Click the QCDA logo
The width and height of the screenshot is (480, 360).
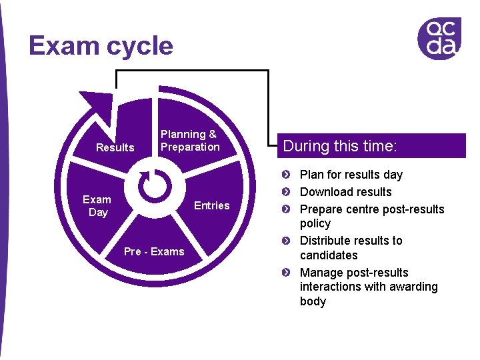click(439, 39)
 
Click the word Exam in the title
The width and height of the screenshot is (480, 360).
click(64, 46)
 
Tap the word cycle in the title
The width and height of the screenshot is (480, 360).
click(139, 46)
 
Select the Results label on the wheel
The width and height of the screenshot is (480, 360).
click(115, 147)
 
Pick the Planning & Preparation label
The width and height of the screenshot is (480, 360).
click(189, 141)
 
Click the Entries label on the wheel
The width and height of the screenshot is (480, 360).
click(211, 205)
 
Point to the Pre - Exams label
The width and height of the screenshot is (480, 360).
click(154, 251)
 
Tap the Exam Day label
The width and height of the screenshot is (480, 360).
click(97, 206)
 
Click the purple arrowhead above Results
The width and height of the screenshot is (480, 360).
click(97, 106)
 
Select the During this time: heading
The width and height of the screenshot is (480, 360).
click(340, 146)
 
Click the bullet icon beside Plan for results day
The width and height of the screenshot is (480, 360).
click(285, 175)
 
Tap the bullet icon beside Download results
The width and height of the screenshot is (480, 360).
click(285, 192)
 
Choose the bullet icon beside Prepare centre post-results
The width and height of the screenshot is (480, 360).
click(285, 209)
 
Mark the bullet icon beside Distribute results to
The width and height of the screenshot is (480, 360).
click(285, 241)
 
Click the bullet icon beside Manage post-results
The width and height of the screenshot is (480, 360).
click(285, 273)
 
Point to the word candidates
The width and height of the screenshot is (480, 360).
click(329, 255)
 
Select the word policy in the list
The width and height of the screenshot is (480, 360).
click(315, 224)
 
